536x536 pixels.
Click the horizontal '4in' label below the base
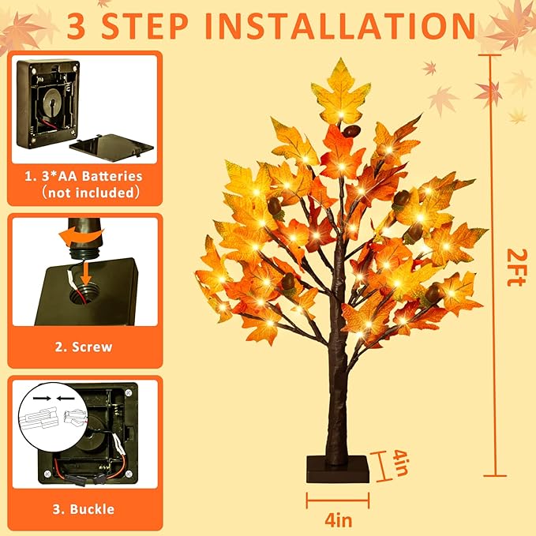pos(337,519)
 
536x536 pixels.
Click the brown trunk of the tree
pos(340,379)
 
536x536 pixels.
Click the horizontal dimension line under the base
pos(337,499)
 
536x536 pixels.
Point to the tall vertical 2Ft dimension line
pos(493,261)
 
